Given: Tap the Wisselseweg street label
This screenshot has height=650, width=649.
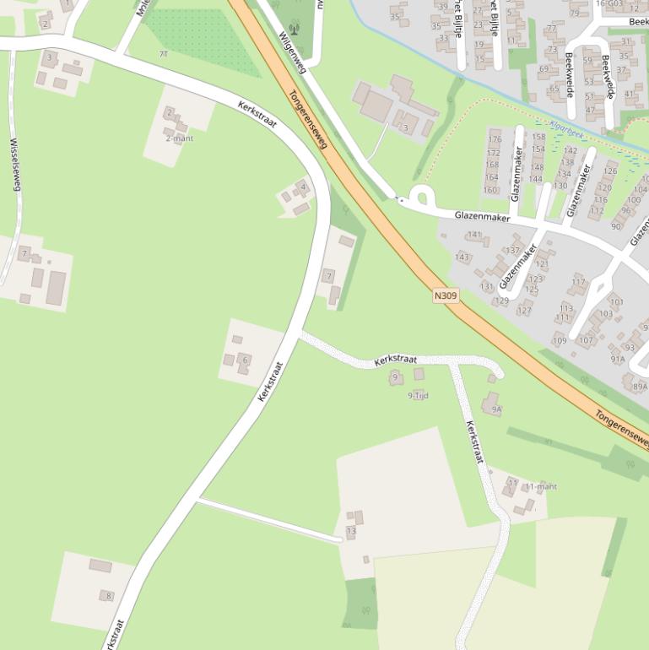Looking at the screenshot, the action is coord(14,165).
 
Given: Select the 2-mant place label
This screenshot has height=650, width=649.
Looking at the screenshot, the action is coord(179,138).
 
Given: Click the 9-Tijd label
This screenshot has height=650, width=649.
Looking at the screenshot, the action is coord(419,395).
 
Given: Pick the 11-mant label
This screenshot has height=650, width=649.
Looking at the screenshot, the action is coord(541,487).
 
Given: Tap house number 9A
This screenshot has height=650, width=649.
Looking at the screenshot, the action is coord(497,409).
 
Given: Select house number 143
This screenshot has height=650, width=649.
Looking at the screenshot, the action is coord(462,257).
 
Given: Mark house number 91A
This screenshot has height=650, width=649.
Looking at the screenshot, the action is coord(618,359).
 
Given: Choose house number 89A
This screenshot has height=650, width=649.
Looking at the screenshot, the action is coord(640,387).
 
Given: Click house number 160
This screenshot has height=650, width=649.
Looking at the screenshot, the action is coord(490,190).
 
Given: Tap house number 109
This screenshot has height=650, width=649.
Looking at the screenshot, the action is coord(560,340).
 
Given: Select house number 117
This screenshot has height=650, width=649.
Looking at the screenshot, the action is coord(578,282).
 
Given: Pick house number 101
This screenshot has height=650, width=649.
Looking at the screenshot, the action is coord(617,301).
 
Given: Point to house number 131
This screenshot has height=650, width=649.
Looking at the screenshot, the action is coord(487,287).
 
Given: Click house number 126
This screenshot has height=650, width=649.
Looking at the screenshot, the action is coord(610,171).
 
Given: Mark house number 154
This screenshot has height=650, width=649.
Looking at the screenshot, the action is coord(538,149).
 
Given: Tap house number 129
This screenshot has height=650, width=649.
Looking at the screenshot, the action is coord(501,301).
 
